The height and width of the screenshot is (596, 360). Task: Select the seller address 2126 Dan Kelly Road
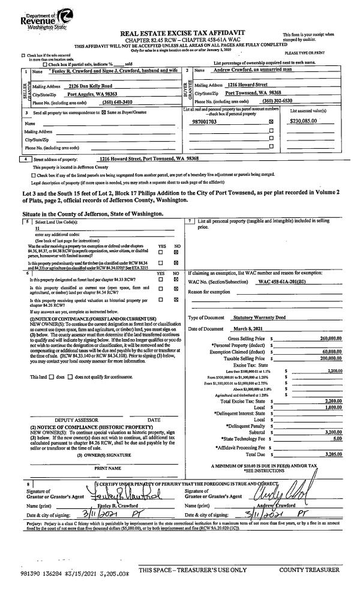point(91,86)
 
